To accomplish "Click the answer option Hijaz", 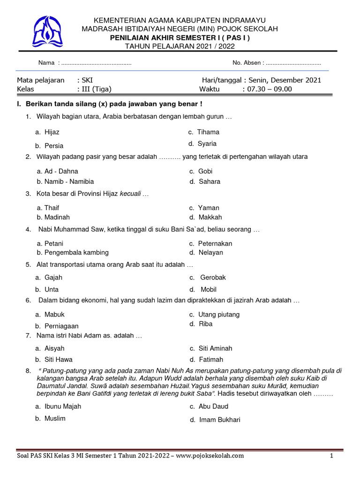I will (52, 132).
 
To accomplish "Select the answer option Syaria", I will (207, 144).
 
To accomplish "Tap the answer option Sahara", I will (209, 181).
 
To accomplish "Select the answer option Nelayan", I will (210, 252).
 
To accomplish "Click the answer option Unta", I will (52, 289).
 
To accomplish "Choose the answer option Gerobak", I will (213, 277).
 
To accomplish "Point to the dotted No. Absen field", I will (293, 63).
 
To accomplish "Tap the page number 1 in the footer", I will (331, 456).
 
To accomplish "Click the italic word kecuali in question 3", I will (130, 194).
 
